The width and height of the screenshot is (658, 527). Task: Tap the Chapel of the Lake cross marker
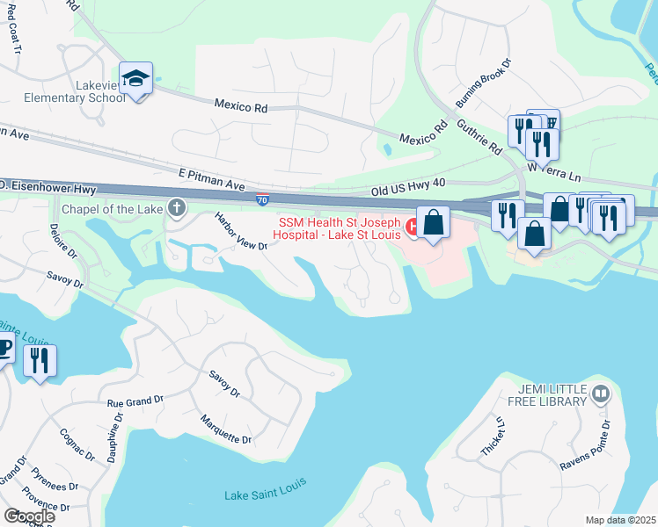(177, 208)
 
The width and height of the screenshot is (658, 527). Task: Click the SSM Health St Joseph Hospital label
(339, 228)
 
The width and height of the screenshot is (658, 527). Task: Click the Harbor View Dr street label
(240, 233)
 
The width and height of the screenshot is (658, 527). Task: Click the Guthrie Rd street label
(478, 136)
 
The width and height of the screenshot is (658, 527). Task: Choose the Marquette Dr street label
(225, 428)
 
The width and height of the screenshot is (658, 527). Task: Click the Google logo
(29, 516)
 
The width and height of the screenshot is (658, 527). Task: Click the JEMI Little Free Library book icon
(602, 393)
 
